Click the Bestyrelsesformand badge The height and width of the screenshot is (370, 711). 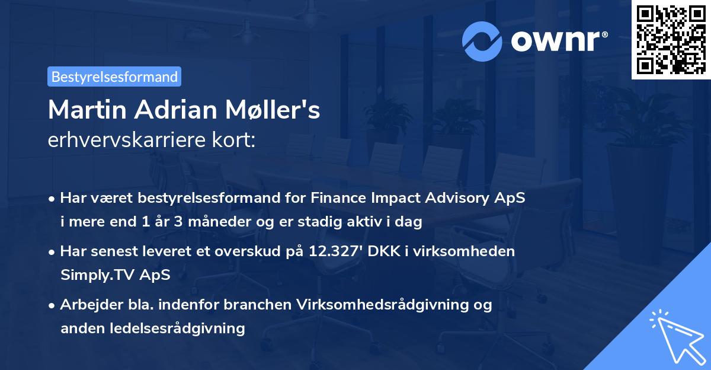pyautogui.click(x=114, y=76)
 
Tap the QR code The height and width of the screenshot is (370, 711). pyautogui.click(x=671, y=39)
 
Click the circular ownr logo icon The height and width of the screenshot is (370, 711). pyautogui.click(x=481, y=42)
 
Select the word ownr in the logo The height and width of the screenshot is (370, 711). pyautogui.click(x=558, y=42)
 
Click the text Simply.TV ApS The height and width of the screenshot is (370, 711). pyautogui.click(x=115, y=275)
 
